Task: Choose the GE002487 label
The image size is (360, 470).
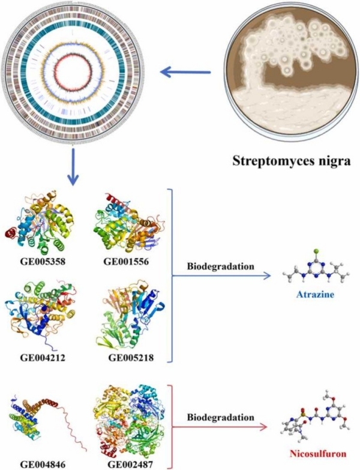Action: coord(127,462)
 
